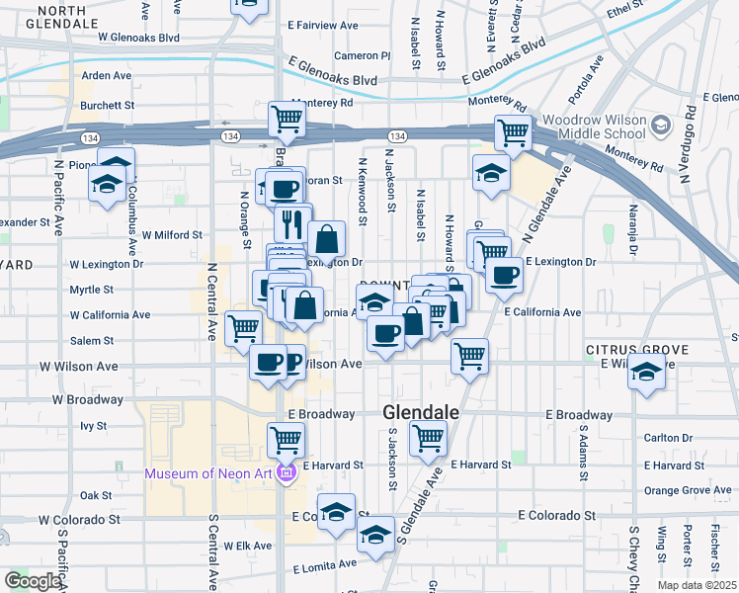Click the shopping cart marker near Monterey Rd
click(x=287, y=120)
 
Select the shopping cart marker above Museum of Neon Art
click(x=286, y=438)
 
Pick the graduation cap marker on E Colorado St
click(x=337, y=511)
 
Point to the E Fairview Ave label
click(x=322, y=24)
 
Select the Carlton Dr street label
click(x=667, y=437)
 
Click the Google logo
click(x=33, y=581)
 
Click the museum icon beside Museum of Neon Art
click(x=287, y=473)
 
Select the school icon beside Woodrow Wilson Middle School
click(x=661, y=127)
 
